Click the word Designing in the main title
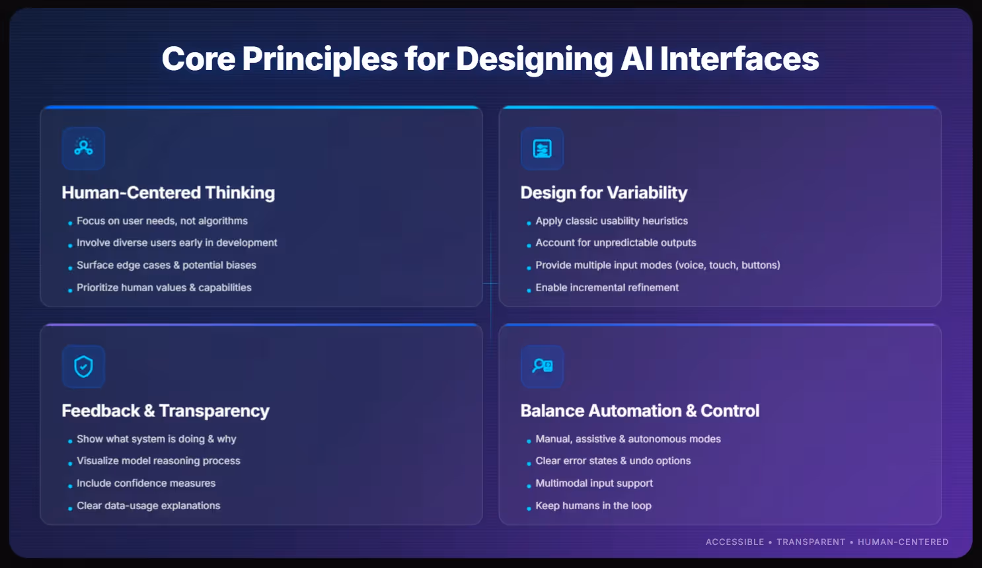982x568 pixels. click(x=534, y=59)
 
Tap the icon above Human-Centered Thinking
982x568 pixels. click(x=83, y=148)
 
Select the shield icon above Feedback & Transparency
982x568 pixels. click(x=83, y=366)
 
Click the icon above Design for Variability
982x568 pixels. click(x=542, y=148)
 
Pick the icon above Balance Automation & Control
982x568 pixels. click(x=542, y=366)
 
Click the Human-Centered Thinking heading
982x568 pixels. click(x=168, y=193)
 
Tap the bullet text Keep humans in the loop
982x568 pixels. click(x=593, y=505)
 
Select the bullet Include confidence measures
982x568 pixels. click(x=145, y=483)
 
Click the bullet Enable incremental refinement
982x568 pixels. click(x=607, y=287)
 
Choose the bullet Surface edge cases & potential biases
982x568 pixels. click(x=166, y=265)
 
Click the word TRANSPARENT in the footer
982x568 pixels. click(x=810, y=542)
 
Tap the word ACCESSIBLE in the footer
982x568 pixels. click(x=734, y=542)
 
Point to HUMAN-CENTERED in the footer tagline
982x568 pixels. click(x=903, y=542)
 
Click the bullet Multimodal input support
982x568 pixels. click(x=593, y=483)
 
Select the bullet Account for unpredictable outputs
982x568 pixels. click(x=615, y=242)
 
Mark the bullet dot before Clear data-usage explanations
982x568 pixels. click(x=70, y=508)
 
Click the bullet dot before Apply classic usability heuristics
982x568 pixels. click(x=529, y=223)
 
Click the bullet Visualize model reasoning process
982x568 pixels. click(x=158, y=460)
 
